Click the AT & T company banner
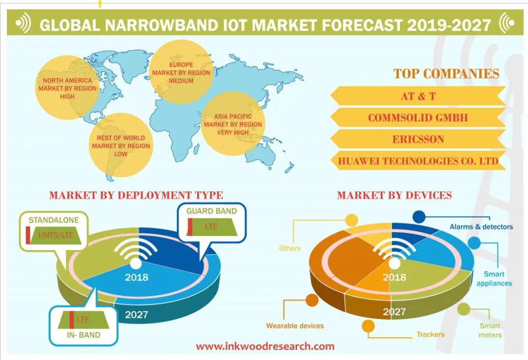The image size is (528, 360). click(418, 96)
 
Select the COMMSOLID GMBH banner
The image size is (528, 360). click(418, 118)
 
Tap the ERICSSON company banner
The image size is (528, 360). click(418, 139)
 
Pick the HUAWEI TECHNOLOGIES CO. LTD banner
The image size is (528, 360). click(418, 161)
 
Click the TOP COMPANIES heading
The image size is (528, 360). click(446, 74)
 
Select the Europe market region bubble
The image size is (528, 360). click(181, 72)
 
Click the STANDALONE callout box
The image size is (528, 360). click(53, 230)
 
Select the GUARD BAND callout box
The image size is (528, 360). click(211, 223)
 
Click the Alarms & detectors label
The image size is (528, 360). click(481, 227)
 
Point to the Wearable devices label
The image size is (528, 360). click(295, 326)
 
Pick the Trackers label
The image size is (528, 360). click(430, 334)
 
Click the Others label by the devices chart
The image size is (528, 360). click(290, 248)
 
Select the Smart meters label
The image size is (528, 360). click(490, 330)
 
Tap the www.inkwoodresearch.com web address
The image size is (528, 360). click(265, 346)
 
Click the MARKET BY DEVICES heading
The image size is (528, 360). click(394, 196)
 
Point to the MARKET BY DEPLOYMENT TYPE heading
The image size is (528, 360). click(136, 196)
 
